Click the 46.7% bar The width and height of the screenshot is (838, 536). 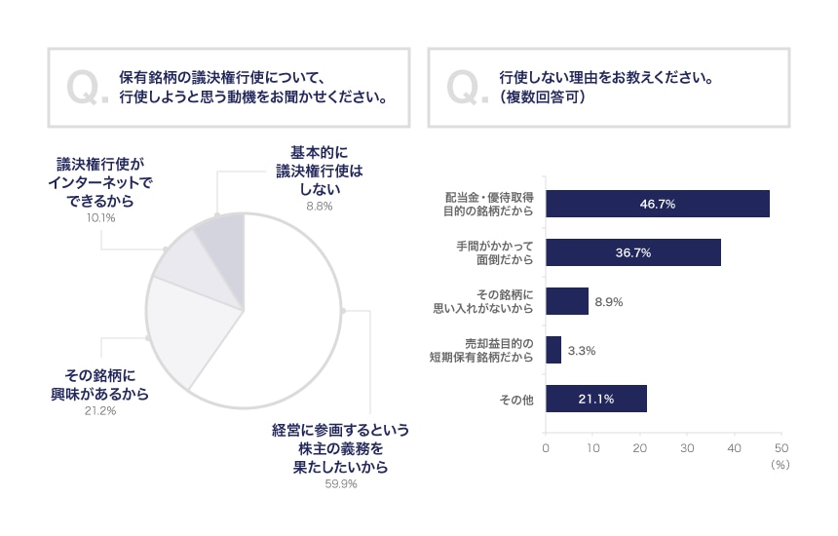(x=658, y=204)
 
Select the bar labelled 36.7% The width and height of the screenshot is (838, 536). (x=632, y=252)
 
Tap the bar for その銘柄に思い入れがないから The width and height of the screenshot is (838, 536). (x=566, y=301)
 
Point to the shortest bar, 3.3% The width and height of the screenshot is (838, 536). (x=552, y=350)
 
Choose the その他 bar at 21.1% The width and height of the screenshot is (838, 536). (x=595, y=399)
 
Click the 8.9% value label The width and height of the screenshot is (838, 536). (x=608, y=302)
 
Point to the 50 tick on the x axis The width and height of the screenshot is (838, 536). (x=781, y=448)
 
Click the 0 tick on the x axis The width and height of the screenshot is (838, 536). (x=546, y=448)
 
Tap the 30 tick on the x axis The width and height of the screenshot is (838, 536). (x=687, y=448)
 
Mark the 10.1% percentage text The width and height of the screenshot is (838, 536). (x=100, y=217)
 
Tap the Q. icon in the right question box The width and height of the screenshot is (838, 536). (x=467, y=88)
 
